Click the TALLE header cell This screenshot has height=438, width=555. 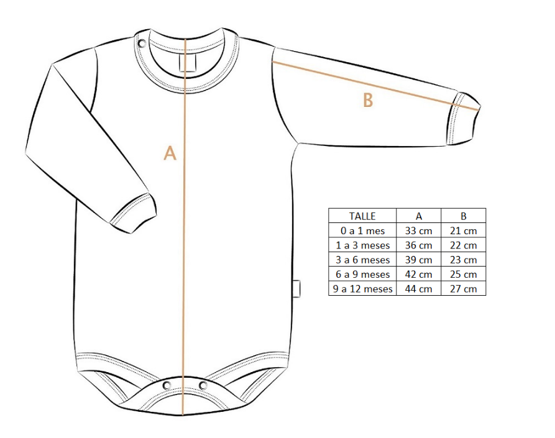pyautogui.click(x=362, y=216)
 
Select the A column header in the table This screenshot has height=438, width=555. pyautogui.click(x=419, y=216)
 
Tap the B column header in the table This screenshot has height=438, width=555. pyautogui.click(x=463, y=216)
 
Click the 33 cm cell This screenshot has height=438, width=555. pyautogui.click(x=419, y=230)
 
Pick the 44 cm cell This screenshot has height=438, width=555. pyautogui.click(x=419, y=289)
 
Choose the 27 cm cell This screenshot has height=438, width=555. pyautogui.click(x=463, y=289)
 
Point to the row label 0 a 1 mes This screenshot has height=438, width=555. pyautogui.click(x=362, y=230)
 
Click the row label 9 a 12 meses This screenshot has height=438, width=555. pyautogui.click(x=362, y=289)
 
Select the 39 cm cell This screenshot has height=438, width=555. pyautogui.click(x=419, y=260)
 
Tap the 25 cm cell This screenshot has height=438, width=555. pyautogui.click(x=463, y=274)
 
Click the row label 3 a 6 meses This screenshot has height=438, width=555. pyautogui.click(x=362, y=260)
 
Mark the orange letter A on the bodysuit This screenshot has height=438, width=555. pyautogui.click(x=170, y=153)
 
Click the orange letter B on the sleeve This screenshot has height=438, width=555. pyautogui.click(x=368, y=100)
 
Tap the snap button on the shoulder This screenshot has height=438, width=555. pyautogui.click(x=142, y=43)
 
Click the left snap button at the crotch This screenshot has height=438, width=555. pyautogui.click(x=167, y=385)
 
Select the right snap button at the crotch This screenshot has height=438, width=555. pyautogui.click(x=203, y=385)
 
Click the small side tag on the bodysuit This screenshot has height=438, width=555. pyautogui.click(x=296, y=289)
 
